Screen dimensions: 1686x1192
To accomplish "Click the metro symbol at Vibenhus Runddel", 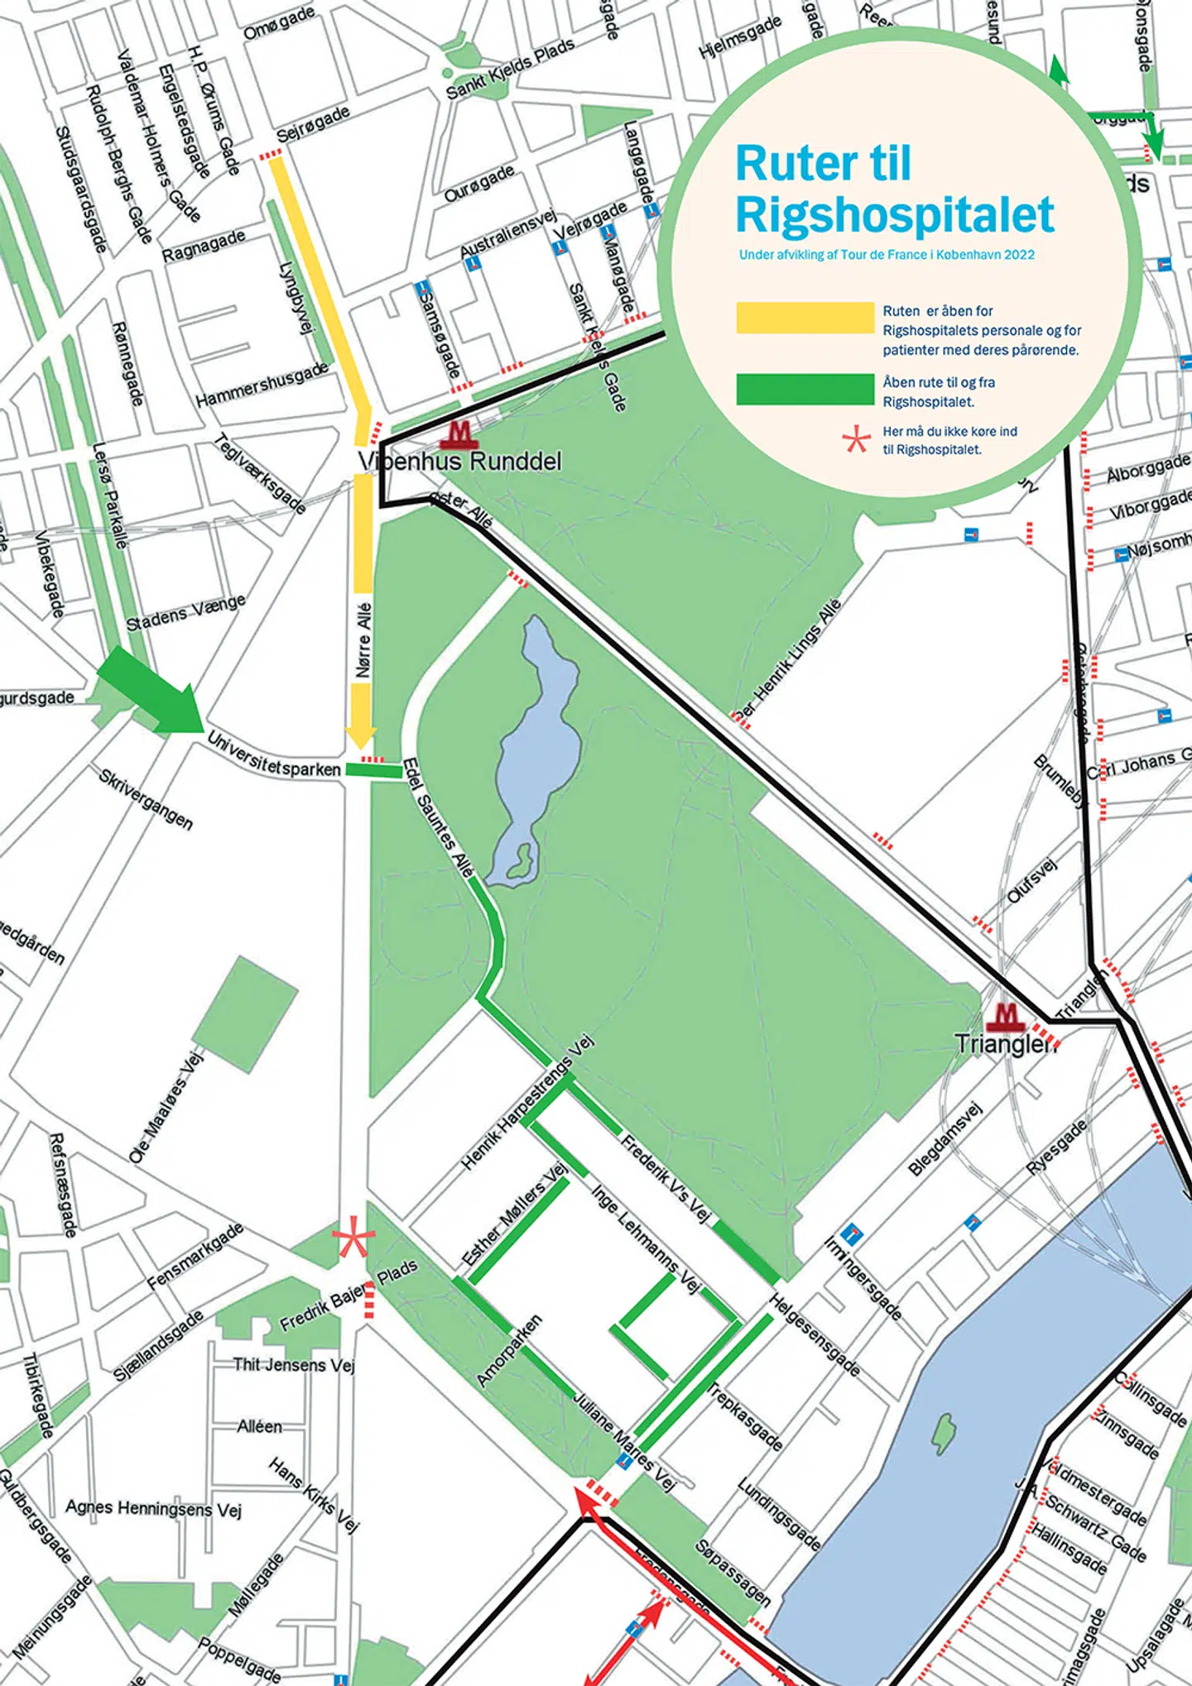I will [458, 433].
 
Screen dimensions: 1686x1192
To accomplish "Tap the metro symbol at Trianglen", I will [1005, 1016].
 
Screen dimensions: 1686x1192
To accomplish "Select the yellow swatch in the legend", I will [805, 319].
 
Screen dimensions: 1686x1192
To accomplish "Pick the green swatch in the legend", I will [805, 390].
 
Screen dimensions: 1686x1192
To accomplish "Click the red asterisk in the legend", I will [857, 440].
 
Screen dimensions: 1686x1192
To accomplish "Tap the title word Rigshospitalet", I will [894, 215].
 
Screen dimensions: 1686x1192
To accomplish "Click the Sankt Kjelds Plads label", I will [510, 69].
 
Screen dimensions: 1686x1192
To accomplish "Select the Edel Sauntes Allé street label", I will [438, 818].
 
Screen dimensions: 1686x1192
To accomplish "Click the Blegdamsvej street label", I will [944, 1138].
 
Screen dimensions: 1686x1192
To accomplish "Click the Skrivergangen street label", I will [146, 799].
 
